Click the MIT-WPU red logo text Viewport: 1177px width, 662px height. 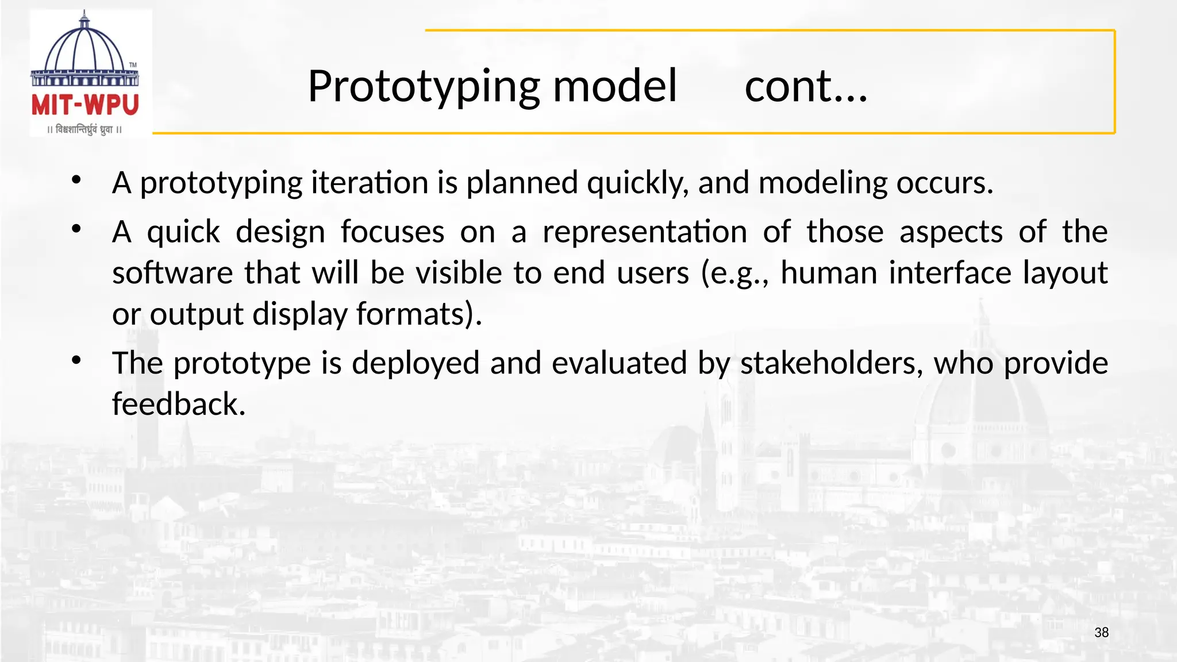[85, 106]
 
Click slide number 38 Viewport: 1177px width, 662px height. [1101, 633]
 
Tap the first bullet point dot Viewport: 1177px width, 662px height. [76, 180]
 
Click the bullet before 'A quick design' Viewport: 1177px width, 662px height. [76, 229]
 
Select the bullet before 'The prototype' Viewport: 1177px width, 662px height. [76, 360]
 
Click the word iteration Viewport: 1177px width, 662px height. [370, 183]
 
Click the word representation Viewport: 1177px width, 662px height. [644, 233]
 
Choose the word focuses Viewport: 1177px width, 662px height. [393, 232]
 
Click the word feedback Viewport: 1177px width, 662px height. [179, 404]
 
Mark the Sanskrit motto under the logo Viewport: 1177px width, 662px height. [84, 130]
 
